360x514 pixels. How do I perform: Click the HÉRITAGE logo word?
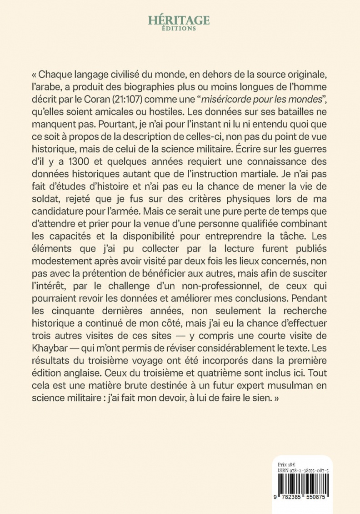pyautogui.click(x=179, y=20)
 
